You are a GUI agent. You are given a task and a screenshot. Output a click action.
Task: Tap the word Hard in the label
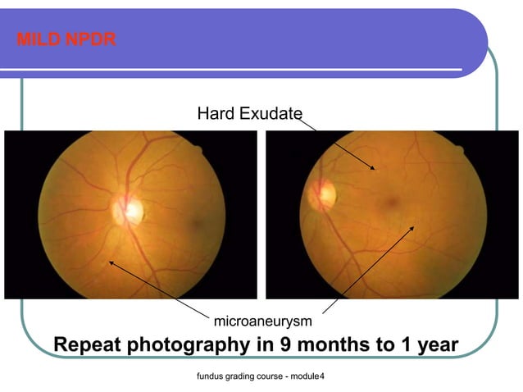(216, 112)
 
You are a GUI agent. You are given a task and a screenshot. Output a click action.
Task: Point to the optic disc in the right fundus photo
(322, 194)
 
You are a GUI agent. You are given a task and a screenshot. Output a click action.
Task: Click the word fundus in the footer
(202, 376)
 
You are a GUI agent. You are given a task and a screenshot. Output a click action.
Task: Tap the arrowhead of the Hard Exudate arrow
(374, 169)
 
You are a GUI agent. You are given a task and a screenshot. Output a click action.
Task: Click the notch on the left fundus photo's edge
(197, 150)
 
